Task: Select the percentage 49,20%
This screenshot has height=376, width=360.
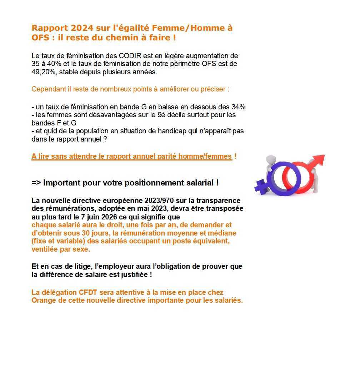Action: (x=44, y=72)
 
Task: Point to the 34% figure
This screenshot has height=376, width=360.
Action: (x=238, y=107)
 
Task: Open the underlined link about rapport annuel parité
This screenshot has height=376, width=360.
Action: (x=131, y=157)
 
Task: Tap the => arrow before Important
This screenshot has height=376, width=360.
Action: (x=36, y=183)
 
